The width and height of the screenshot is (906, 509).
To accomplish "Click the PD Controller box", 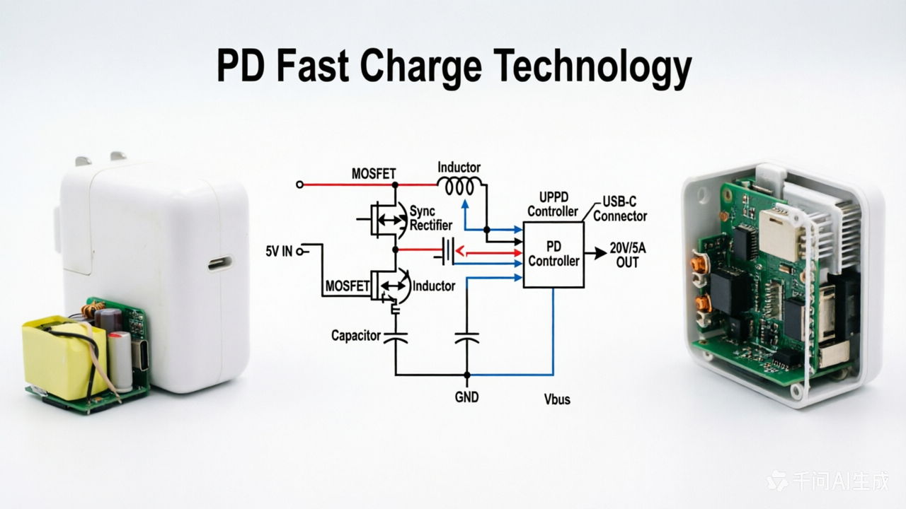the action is click(554, 255).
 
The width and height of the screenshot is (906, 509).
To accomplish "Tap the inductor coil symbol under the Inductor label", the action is click(460, 186).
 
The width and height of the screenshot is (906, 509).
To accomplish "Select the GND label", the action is click(466, 397).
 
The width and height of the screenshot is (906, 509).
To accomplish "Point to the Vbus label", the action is click(557, 399).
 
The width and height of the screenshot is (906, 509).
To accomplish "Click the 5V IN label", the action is click(279, 251).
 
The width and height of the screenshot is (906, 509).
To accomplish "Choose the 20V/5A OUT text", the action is click(628, 255).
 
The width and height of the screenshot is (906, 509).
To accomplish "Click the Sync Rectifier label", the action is click(431, 218).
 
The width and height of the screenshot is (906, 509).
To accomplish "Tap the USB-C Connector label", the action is click(619, 209).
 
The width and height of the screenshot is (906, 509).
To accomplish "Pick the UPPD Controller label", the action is click(553, 204).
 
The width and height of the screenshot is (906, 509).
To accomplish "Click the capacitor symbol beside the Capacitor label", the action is click(395, 338).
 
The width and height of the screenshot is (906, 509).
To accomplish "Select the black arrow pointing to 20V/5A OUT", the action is click(595, 253).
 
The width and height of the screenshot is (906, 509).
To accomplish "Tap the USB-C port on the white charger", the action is click(220, 263).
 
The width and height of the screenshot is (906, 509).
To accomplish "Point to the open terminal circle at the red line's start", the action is click(299, 185).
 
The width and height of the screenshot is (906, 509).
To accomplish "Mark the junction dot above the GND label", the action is click(466, 375).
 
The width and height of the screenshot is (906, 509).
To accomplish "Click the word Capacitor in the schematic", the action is click(356, 336).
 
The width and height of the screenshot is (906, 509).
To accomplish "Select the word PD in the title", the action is click(241, 66).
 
